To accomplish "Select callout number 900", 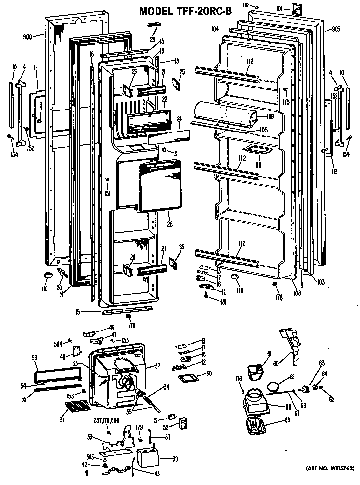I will point(27,36).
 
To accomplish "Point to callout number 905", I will point(336,29).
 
